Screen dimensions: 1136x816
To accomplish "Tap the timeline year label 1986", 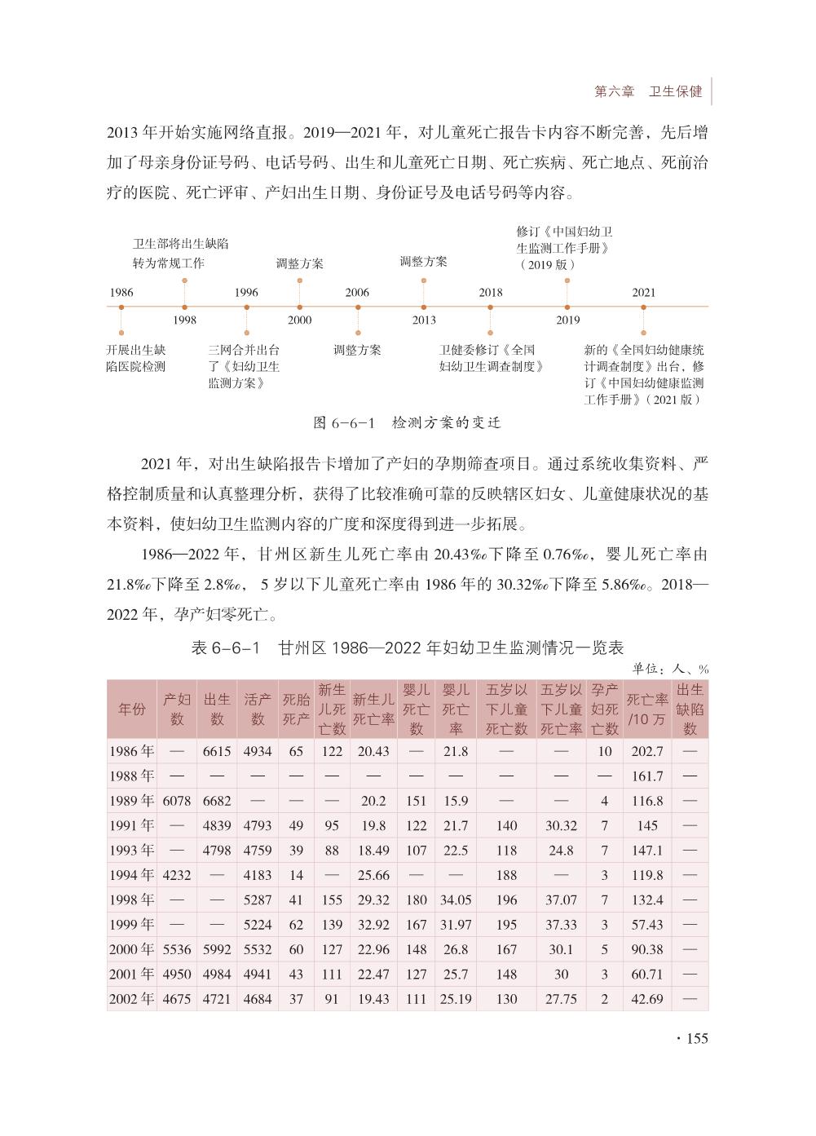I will click(121, 293).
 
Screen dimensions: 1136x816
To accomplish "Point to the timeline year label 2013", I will click(424, 320).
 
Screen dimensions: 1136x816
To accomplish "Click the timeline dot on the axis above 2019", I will click(567, 307).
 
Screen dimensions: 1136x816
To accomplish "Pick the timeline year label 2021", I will click(643, 293).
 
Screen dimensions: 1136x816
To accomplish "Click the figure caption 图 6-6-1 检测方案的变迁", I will click(407, 423).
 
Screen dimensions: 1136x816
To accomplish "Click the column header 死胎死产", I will click(296, 709).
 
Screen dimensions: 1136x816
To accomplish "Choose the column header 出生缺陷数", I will click(690, 709).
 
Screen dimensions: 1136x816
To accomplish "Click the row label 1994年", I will click(132, 875).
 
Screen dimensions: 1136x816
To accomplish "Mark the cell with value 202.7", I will click(648, 751).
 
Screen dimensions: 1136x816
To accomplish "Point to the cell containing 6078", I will click(177, 801).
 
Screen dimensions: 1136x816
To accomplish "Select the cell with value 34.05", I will click(456, 900).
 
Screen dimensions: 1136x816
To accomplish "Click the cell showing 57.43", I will click(648, 925).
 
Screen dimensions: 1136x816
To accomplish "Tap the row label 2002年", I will click(132, 999).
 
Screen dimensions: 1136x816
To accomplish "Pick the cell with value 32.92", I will click(373, 925).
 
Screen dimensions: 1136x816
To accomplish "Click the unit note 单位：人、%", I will click(670, 669).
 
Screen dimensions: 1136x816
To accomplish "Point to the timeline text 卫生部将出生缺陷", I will click(180, 244).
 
